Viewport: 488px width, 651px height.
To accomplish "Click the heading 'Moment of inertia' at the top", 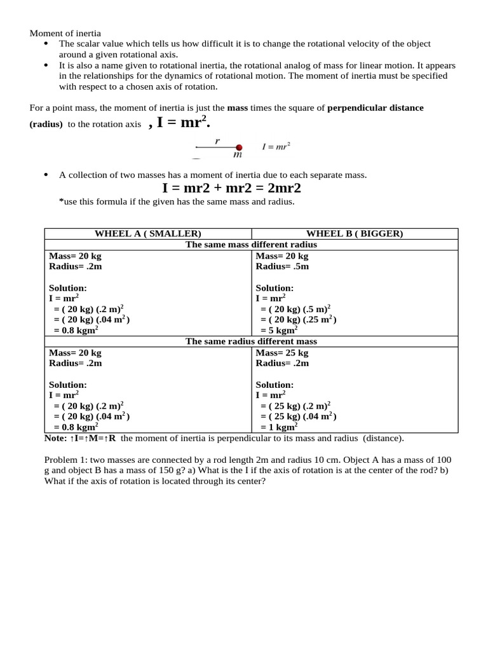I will tap(66, 33).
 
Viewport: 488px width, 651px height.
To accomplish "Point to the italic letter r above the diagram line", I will tap(217, 142).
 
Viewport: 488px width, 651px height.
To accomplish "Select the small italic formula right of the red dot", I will tap(276, 146).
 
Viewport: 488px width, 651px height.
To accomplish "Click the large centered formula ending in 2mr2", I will tap(231, 188).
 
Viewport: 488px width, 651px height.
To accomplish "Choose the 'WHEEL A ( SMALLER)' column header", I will tap(147, 233).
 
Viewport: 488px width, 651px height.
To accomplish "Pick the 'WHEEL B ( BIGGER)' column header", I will tap(355, 233).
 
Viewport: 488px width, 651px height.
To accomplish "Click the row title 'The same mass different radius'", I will tap(251, 244).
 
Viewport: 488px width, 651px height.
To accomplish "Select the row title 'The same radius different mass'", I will tap(251, 341).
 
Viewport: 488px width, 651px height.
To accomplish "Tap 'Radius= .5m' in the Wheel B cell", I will tap(282, 266).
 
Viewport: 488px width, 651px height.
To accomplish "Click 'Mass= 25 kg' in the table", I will tap(282, 353).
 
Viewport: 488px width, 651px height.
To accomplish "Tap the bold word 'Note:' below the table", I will tap(55, 438).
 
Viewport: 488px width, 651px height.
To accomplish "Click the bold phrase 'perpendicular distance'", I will tap(375, 108).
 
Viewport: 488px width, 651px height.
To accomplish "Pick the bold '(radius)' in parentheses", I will tap(46, 125).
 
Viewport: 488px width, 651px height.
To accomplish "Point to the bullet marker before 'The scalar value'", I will tap(48, 43).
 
